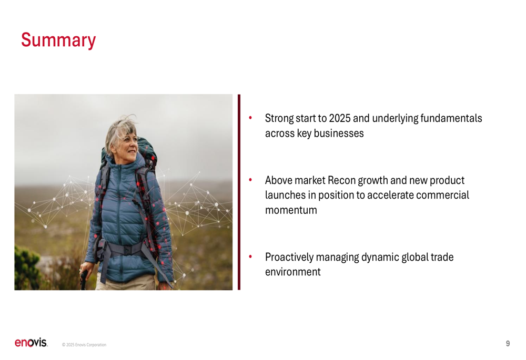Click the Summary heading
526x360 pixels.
click(58, 40)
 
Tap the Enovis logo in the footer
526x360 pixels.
click(31, 343)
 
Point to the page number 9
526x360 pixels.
click(508, 344)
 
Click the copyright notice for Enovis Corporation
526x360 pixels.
click(84, 345)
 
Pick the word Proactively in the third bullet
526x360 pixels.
click(289, 258)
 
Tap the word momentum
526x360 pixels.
click(291, 210)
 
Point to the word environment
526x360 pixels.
click(293, 272)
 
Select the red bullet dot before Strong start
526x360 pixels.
click(250, 117)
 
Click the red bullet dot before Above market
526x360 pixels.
click(250, 180)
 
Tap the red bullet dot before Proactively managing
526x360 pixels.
click(250, 256)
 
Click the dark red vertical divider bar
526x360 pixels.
click(239, 192)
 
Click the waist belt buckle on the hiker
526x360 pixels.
click(127, 250)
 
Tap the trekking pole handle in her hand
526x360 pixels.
click(84, 278)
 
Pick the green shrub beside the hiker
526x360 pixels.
click(27, 267)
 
